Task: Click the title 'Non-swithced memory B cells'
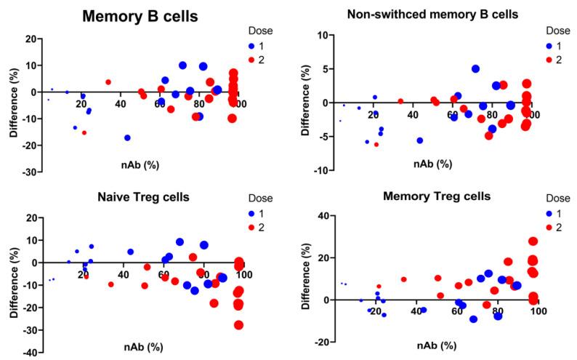tap(423, 14)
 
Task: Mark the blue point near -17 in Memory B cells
tap(127, 137)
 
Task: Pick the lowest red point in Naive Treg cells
tap(238, 325)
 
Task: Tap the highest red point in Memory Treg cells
tap(533, 241)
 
